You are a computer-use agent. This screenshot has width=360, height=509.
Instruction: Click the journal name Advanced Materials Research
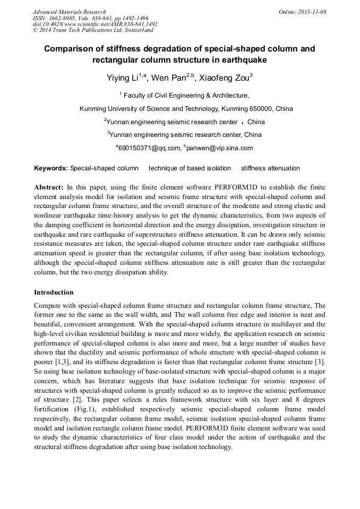click(x=69, y=12)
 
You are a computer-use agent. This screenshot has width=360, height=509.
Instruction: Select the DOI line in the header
click(x=95, y=24)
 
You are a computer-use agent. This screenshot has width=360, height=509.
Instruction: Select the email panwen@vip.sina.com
click(x=221, y=148)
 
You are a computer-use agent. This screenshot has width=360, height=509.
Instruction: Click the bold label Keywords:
click(x=51, y=168)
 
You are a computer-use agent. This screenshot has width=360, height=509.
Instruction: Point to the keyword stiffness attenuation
click(x=270, y=168)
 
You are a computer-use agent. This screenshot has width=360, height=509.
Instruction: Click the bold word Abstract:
click(x=49, y=188)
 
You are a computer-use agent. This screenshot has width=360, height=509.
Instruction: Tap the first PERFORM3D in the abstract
click(x=236, y=188)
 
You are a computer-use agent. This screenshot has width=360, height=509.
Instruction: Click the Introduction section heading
click(x=54, y=292)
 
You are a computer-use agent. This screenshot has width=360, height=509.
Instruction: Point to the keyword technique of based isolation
click(x=190, y=168)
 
